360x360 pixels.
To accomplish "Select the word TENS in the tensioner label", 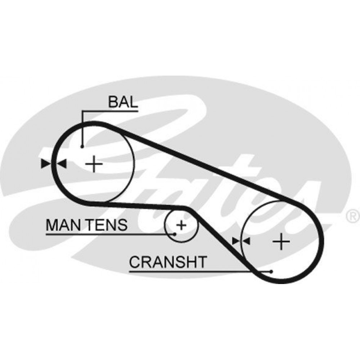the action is click(107, 225).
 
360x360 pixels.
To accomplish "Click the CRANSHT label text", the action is click(168, 262).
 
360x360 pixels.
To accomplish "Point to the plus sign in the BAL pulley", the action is click(94, 164).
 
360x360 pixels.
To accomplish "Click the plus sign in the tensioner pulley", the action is click(181, 225).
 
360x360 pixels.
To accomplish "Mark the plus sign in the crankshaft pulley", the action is click(281, 241).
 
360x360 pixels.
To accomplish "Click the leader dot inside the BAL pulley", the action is click(82, 147).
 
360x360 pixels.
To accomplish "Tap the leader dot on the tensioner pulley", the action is click(175, 234).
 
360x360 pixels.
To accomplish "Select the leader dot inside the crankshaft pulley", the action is click(271, 271).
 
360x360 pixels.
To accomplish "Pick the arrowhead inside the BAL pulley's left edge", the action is click(62, 164).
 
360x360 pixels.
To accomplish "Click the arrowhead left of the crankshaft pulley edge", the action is click(236, 241).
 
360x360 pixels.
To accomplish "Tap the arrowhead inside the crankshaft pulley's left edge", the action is click(246, 241).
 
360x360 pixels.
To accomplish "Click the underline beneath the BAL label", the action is click(110, 111).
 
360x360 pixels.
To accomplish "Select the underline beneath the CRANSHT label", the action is click(200, 271).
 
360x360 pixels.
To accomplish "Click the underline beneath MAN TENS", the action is click(110, 234).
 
